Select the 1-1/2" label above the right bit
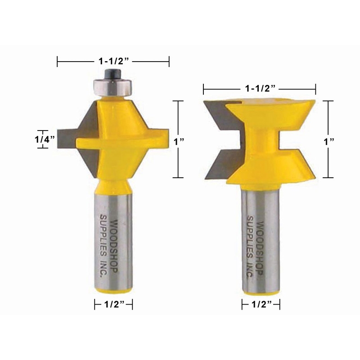[259, 88]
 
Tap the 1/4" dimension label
[45, 139]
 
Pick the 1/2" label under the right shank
[260, 305]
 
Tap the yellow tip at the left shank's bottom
[113, 291]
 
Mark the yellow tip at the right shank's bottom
[260, 291]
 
